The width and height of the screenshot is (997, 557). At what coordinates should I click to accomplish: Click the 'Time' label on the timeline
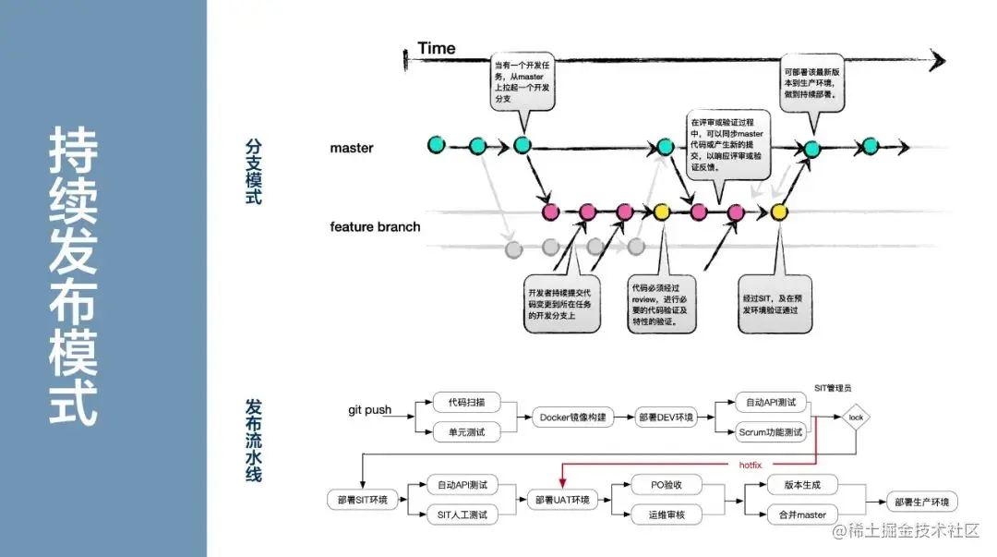coord(437,48)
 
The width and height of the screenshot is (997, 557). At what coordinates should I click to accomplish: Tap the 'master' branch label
coord(352,148)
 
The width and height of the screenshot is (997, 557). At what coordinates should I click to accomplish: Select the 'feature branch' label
coord(375,226)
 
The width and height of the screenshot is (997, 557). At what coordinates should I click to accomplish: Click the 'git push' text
coord(370,410)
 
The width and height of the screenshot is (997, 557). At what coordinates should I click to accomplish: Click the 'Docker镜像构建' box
coord(572,417)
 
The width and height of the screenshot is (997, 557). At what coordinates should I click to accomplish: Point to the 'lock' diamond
coord(855,417)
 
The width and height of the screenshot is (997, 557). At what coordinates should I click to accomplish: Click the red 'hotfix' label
coord(751,464)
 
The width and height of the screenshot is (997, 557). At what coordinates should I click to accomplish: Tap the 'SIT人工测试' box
coord(463,515)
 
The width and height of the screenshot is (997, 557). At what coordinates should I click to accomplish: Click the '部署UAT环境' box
coord(562,500)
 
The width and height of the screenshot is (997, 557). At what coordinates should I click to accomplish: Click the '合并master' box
coord(797,515)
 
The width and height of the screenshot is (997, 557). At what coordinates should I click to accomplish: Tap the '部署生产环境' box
coord(921,502)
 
